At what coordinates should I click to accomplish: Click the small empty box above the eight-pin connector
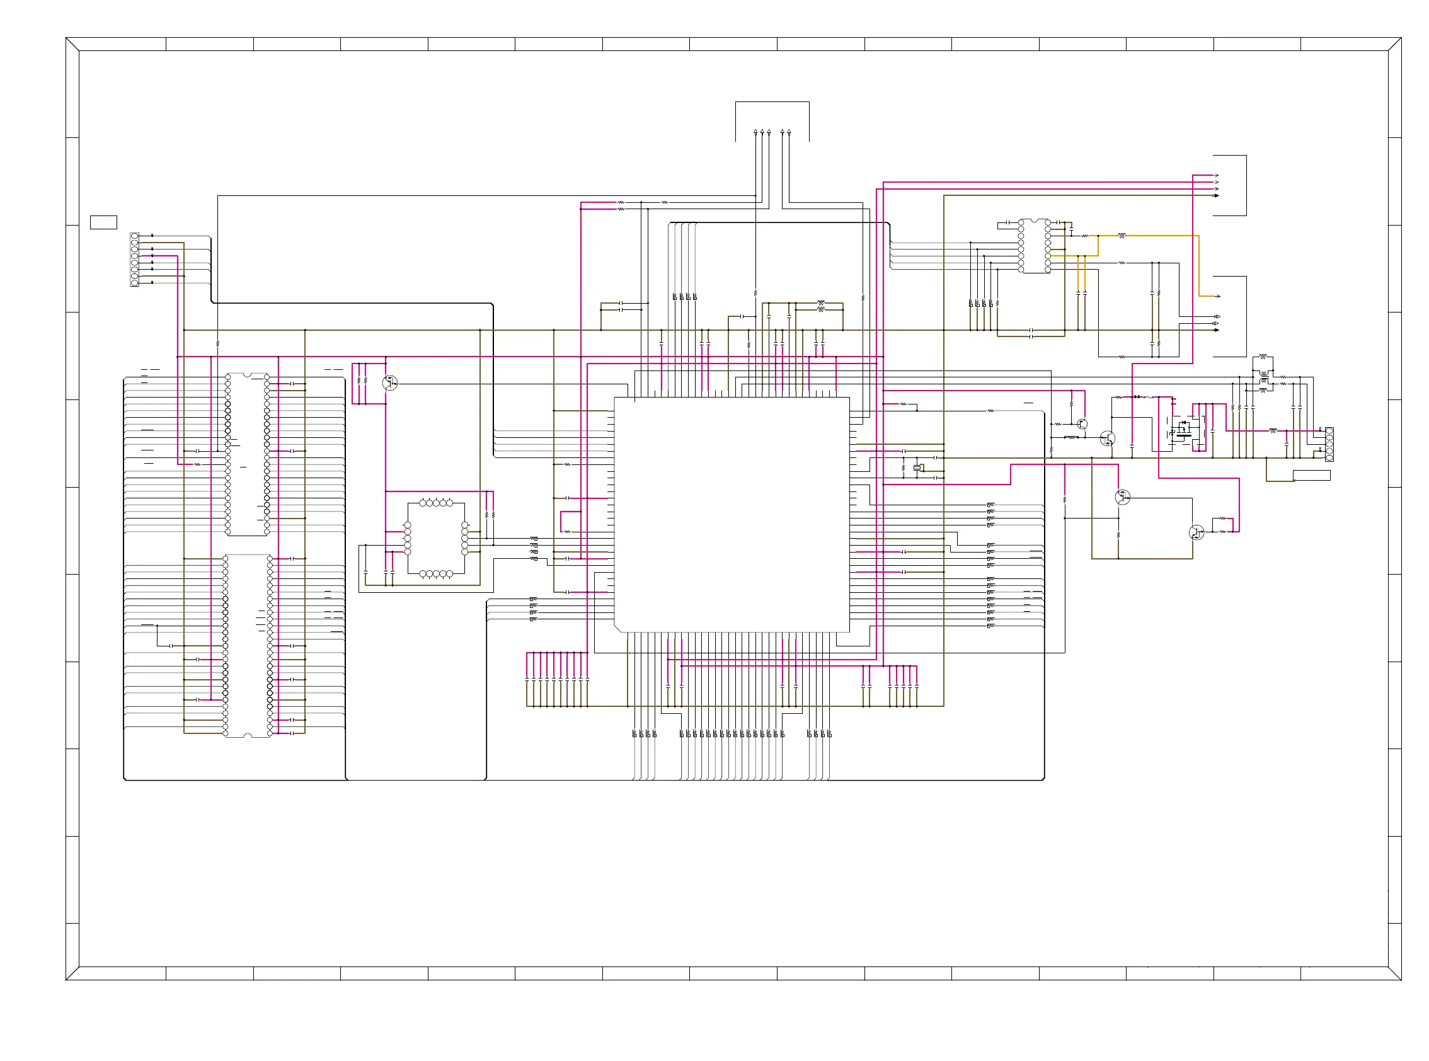coord(103,222)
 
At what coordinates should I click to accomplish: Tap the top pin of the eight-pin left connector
coord(134,236)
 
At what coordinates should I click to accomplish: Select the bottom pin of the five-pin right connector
coord(1329,457)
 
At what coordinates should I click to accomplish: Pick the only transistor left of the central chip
coord(389,384)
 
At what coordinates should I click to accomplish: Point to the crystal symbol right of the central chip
coord(919,467)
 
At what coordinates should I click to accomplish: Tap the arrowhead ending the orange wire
coord(1218,296)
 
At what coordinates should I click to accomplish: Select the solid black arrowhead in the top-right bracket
coord(1217,195)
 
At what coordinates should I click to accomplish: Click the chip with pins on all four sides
coord(436,538)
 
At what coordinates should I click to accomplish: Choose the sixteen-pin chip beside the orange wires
coord(1034,246)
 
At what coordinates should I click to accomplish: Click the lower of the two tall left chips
coord(247,645)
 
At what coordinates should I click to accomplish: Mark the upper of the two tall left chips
coord(247,454)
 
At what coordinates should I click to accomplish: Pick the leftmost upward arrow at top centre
coord(755,132)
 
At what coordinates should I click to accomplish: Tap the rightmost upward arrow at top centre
coord(789,132)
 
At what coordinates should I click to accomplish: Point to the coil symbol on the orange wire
coord(1122,236)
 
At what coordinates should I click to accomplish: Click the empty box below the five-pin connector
coord(1311,475)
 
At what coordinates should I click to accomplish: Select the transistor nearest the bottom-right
coord(1196,532)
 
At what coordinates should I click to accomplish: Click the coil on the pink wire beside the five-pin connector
coord(1272,430)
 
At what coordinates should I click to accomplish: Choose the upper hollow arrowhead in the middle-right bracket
coord(1217,317)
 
